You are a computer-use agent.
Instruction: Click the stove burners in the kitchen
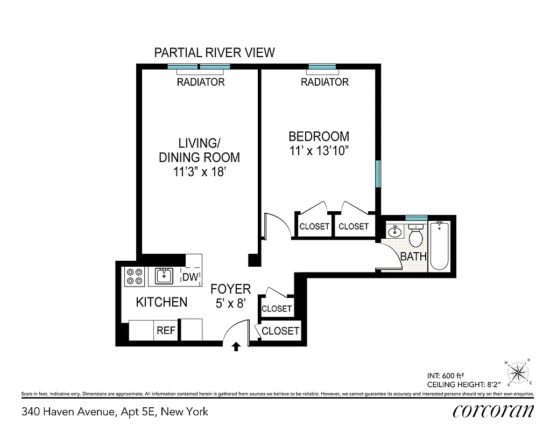[x=134, y=277]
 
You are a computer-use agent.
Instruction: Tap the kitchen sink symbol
[x=163, y=276]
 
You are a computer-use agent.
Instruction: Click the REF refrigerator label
[x=166, y=330]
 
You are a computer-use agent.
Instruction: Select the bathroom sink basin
[x=394, y=232]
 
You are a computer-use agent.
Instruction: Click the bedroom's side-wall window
[x=378, y=174]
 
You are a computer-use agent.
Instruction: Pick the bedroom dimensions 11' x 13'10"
[x=319, y=151]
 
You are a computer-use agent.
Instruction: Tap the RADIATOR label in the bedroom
[x=325, y=82]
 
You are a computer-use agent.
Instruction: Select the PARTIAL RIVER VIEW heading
[x=214, y=52]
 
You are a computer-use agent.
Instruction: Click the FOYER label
[x=230, y=289]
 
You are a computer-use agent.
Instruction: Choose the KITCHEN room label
[x=161, y=302]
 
